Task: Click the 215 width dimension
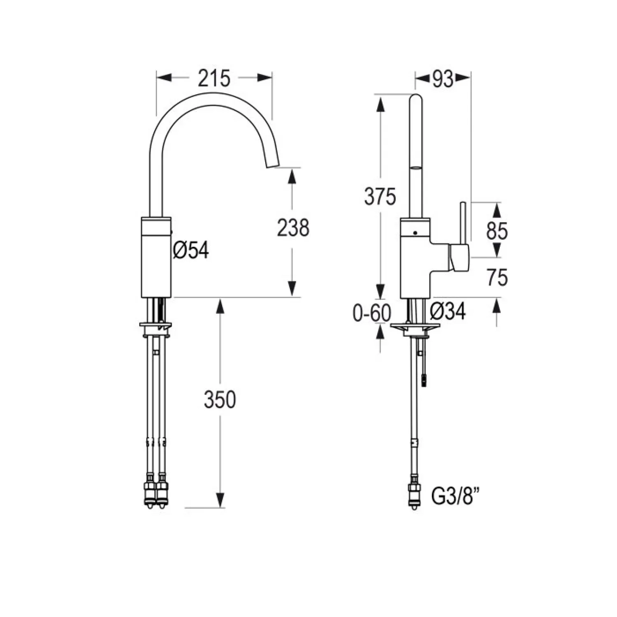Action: (214, 78)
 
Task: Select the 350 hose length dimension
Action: (220, 399)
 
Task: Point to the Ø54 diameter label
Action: (191, 250)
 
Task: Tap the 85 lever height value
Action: (497, 231)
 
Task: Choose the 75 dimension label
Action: (497, 278)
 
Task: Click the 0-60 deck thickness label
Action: (372, 314)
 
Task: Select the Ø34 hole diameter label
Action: (448, 311)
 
